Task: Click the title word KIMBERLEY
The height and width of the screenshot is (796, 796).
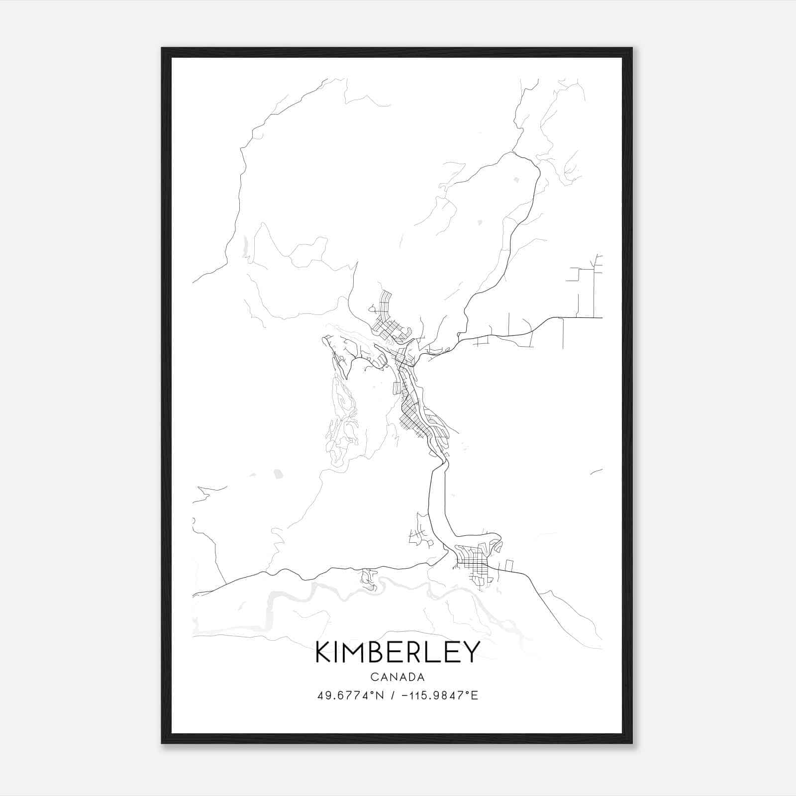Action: [398, 652]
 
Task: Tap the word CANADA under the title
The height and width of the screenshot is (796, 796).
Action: [398, 677]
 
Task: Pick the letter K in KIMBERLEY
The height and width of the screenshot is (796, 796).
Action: [323, 652]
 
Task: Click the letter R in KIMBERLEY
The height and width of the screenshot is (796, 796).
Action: [418, 652]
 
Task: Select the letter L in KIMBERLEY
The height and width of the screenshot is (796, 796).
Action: [436, 652]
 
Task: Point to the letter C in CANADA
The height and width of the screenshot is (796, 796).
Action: [374, 677]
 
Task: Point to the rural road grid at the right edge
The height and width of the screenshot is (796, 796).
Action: [587, 289]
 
